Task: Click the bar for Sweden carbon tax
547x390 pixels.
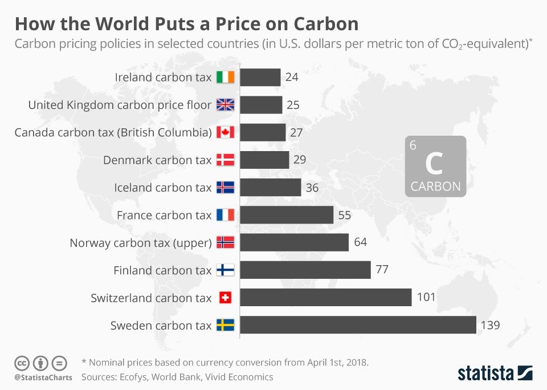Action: (x=358, y=325)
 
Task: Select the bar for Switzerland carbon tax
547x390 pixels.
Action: (x=325, y=298)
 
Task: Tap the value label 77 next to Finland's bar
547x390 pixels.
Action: (x=382, y=270)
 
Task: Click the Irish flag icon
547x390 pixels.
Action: (x=226, y=77)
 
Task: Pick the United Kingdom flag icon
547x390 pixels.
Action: (x=226, y=105)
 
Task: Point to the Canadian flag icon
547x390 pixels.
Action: (x=226, y=132)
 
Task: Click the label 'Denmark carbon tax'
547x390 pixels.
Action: (x=157, y=160)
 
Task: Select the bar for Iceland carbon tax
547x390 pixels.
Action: (x=270, y=188)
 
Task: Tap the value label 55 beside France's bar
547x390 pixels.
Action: (x=345, y=216)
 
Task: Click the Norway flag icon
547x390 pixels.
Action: (x=226, y=243)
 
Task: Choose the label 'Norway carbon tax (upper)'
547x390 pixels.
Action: (x=140, y=243)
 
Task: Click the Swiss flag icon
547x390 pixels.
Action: (x=226, y=298)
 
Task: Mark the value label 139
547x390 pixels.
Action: (x=490, y=326)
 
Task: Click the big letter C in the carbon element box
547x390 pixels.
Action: (x=434, y=164)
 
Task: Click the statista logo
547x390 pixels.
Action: (x=495, y=373)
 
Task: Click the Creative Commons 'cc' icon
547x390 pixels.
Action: (x=22, y=362)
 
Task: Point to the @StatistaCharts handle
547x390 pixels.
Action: (x=43, y=377)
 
